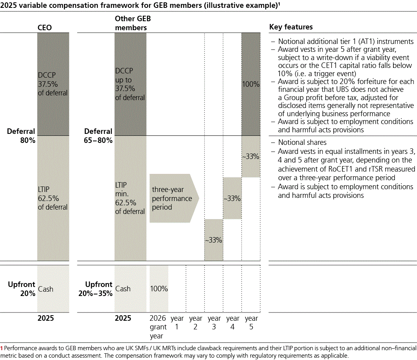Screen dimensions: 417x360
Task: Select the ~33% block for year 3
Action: (x=214, y=240)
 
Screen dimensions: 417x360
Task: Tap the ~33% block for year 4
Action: (x=233, y=198)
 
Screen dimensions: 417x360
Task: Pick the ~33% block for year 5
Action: (x=251, y=157)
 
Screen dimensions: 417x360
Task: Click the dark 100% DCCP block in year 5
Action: (x=251, y=84)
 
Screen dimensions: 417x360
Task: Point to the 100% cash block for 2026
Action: (x=159, y=289)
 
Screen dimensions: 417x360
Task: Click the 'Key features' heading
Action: (x=291, y=27)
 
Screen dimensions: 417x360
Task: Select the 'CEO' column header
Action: (x=45, y=27)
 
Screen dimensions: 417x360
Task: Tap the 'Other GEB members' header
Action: (x=133, y=23)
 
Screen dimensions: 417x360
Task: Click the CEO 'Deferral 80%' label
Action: (x=21, y=136)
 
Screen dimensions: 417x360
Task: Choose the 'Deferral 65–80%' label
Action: (x=98, y=136)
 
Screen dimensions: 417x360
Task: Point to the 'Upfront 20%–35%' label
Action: (x=95, y=289)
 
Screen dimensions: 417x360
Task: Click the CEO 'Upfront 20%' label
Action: (x=22, y=289)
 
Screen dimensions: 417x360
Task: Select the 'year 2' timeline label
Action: (x=196, y=322)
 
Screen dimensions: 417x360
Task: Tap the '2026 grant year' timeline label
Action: (x=158, y=327)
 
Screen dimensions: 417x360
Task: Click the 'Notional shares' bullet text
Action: (x=302, y=143)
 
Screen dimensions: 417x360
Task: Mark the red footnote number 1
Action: (x=1, y=348)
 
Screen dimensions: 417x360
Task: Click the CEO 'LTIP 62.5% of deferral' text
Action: (x=53, y=198)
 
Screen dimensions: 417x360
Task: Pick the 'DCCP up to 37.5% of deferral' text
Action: (x=130, y=84)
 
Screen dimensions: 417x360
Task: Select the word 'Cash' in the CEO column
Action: (x=46, y=289)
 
